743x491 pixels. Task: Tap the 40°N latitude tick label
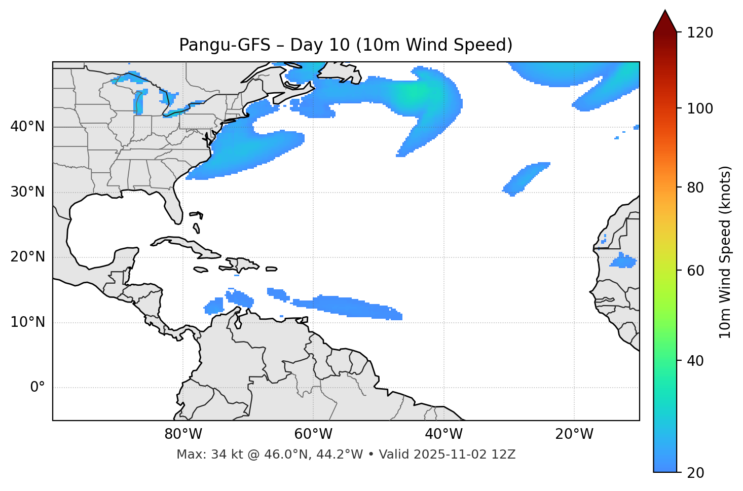27,127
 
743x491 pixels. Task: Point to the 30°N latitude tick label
27,192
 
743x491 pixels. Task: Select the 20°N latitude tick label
27,257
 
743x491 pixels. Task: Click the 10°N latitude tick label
27,322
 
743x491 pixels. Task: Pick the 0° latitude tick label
38,388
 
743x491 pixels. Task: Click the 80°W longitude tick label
183,434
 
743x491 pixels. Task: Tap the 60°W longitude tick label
313,434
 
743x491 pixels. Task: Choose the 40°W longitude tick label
443,434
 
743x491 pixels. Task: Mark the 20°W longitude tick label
574,434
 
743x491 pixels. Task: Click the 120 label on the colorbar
700,33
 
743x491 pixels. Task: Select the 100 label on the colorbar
700,108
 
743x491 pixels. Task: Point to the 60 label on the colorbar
696,271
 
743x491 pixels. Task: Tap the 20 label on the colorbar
696,473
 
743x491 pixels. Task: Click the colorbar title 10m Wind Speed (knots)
725,252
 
